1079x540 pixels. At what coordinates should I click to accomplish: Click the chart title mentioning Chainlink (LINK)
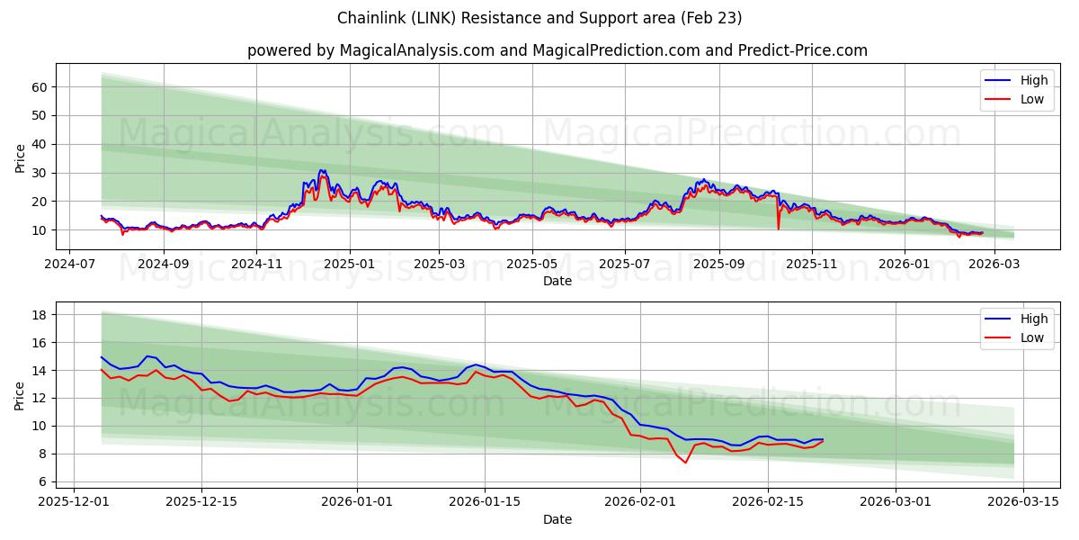[539, 18]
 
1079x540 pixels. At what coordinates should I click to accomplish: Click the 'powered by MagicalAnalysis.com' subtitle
[557, 50]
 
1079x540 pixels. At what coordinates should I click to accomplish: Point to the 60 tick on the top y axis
[39, 87]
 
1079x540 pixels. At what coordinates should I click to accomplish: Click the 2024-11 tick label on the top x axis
[256, 265]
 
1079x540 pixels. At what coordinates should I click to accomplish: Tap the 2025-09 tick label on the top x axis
[719, 265]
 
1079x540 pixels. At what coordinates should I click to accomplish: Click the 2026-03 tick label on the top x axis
[994, 265]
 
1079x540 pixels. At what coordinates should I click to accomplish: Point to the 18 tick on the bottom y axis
[39, 315]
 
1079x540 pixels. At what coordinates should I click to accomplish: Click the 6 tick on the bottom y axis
[42, 481]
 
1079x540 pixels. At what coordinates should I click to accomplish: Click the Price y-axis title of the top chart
[21, 159]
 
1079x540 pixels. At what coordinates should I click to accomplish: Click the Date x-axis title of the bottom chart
[557, 519]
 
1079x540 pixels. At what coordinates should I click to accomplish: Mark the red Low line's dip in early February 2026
[685, 463]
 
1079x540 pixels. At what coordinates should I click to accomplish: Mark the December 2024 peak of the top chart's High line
[321, 170]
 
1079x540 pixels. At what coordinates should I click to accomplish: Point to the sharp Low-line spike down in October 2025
[778, 229]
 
